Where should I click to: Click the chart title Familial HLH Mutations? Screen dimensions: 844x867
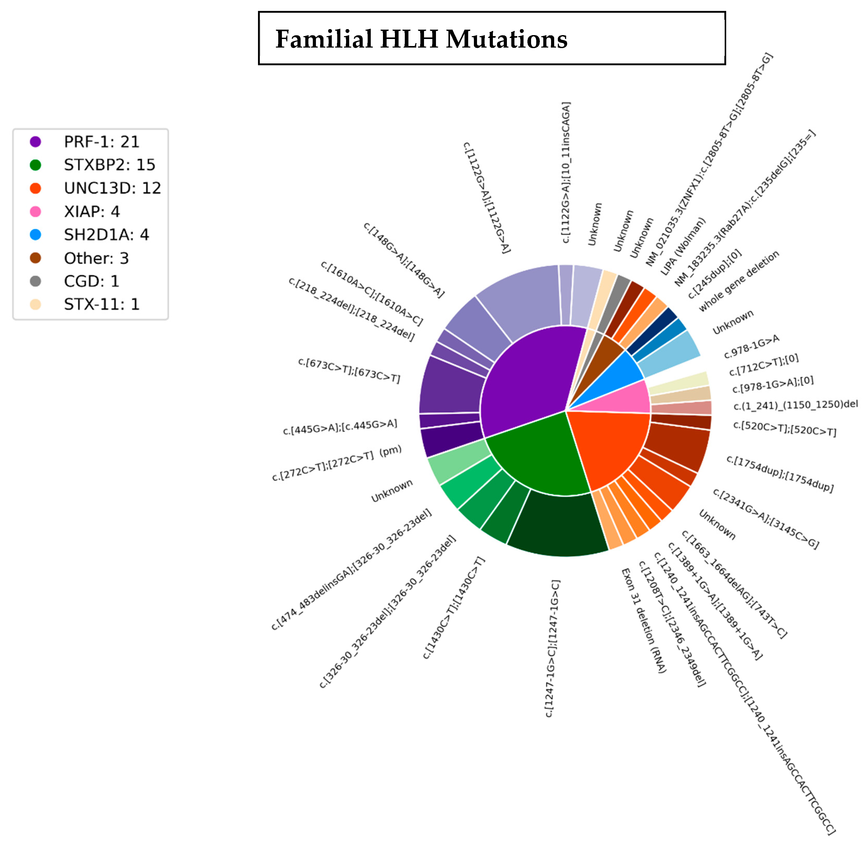coord(421,39)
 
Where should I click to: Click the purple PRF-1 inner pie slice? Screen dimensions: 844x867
coord(527,381)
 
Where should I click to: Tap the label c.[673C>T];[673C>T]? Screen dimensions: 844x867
coord(349,371)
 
